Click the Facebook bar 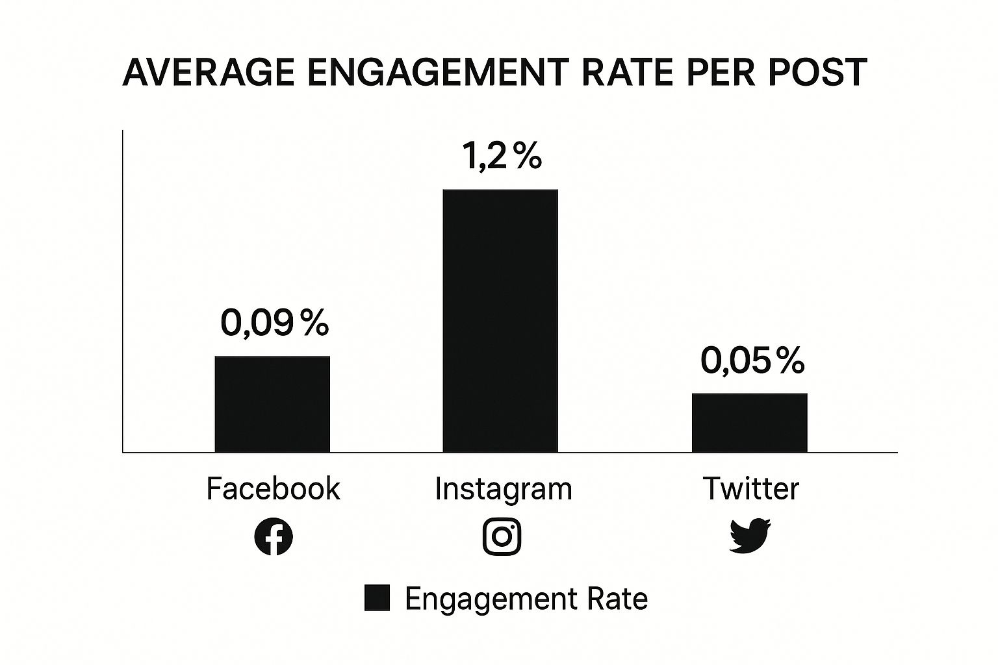(x=272, y=403)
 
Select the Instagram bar (x=500, y=320)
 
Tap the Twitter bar (x=749, y=422)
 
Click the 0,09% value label (x=274, y=322)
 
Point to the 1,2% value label (x=502, y=156)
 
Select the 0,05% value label (x=752, y=360)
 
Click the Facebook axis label (x=273, y=488)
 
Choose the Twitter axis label (x=750, y=488)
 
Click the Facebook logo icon (x=274, y=537)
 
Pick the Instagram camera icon (x=502, y=537)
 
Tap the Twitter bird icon (x=750, y=536)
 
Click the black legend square (x=377, y=598)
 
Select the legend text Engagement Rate (x=526, y=599)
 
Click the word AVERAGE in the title (x=208, y=72)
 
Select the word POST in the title (x=817, y=72)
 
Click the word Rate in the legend (x=617, y=598)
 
